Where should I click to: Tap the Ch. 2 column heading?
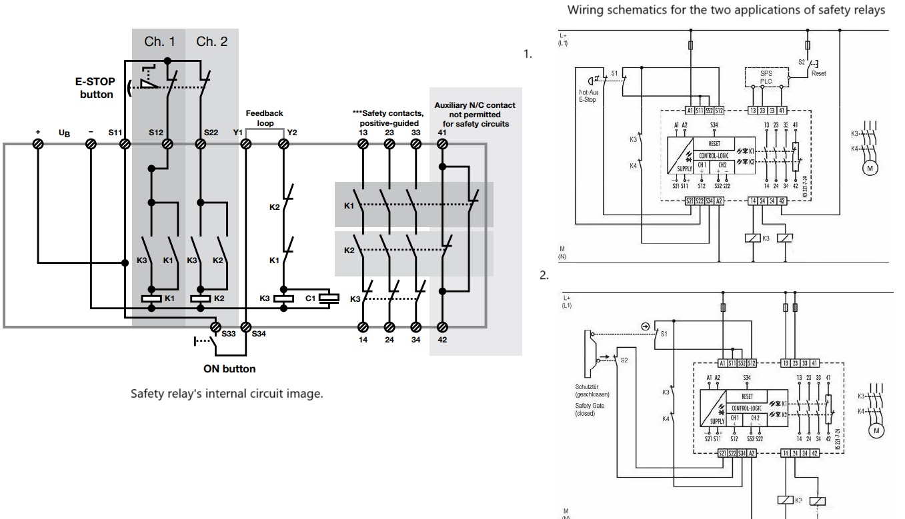[212, 43]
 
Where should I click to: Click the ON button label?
[230, 368]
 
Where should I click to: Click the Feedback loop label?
[265, 119]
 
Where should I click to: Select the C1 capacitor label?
[311, 298]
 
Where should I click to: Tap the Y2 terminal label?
[291, 133]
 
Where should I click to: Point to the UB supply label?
[64, 133]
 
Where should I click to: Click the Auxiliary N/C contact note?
[475, 114]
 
